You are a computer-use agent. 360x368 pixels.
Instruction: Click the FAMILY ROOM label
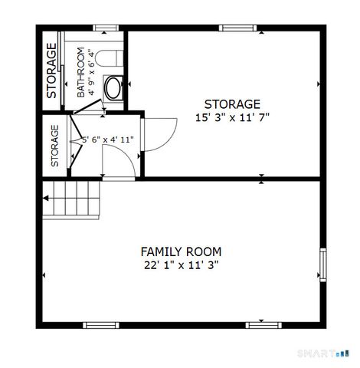pyautogui.click(x=181, y=251)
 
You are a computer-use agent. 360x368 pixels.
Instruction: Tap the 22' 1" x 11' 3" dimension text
pyautogui.click(x=181, y=265)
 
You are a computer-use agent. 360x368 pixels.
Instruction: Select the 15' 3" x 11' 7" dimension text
pyautogui.click(x=232, y=118)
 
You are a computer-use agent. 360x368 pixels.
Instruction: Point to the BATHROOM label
pyautogui.click(x=80, y=72)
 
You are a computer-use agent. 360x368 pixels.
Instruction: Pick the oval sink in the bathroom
pyautogui.click(x=113, y=88)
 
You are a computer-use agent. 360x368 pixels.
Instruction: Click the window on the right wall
pyautogui.click(x=323, y=264)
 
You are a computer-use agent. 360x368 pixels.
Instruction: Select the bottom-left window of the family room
pyautogui.click(x=101, y=325)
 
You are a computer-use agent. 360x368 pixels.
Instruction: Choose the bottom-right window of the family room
pyautogui.click(x=263, y=325)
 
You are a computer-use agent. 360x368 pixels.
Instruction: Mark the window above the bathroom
pyautogui.click(x=106, y=28)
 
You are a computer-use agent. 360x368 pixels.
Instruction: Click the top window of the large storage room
pyautogui.click(x=237, y=28)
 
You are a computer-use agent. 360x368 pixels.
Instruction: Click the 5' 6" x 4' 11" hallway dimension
pyautogui.click(x=108, y=140)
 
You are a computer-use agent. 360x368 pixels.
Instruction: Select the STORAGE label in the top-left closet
pyautogui.click(x=51, y=71)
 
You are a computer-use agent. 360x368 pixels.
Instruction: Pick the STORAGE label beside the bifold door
pyautogui.click(x=55, y=146)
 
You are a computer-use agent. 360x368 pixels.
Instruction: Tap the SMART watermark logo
pyautogui.click(x=323, y=353)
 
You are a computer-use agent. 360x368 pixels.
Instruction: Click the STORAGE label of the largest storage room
pyautogui.click(x=232, y=104)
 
